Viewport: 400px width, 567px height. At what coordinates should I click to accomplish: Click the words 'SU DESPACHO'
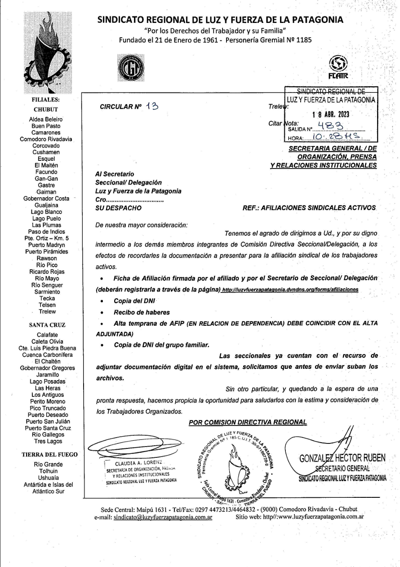pos(119,208)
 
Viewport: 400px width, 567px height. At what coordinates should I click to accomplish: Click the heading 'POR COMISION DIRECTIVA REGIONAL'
pos(248,421)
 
